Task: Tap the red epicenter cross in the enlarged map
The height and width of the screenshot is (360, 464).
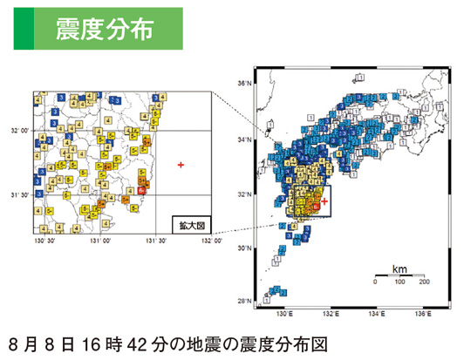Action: click(x=181, y=164)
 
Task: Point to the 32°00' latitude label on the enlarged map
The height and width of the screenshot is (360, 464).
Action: click(x=17, y=131)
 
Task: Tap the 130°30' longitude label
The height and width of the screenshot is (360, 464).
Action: click(x=44, y=241)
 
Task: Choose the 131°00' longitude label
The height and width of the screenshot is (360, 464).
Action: click(x=99, y=241)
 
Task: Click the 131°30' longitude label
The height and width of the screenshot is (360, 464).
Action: click(x=155, y=241)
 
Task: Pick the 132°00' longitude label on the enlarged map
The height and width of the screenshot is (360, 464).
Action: click(x=210, y=241)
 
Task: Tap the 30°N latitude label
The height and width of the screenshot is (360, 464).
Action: click(x=246, y=247)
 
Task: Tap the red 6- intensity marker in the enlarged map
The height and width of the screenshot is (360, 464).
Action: click(x=141, y=190)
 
